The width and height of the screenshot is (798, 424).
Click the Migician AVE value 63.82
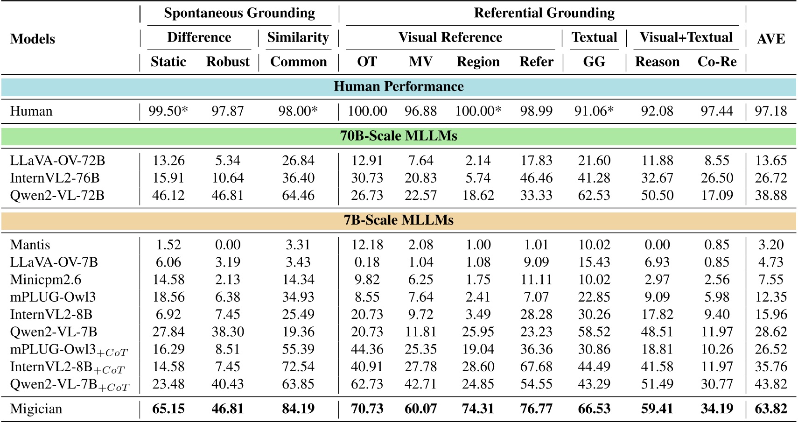[x=771, y=409]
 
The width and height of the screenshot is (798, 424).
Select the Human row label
[x=31, y=111]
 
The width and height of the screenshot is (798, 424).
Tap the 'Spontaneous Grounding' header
[x=239, y=13]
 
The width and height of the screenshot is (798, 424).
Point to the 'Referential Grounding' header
[x=544, y=13]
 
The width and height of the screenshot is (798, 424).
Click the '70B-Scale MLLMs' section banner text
[x=399, y=136]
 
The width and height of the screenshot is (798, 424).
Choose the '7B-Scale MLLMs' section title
[x=399, y=220]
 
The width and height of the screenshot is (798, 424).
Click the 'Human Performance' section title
[x=399, y=86]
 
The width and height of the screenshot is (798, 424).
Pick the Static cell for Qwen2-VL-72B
[x=168, y=195]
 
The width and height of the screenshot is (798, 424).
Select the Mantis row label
[x=30, y=245]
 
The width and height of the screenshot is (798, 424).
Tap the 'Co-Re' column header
[x=717, y=62]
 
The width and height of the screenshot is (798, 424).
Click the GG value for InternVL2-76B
[x=594, y=178]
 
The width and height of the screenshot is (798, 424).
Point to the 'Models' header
[x=33, y=39]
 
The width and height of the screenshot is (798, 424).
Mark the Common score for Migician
[x=298, y=409]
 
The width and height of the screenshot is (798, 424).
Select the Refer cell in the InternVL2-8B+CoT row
[x=536, y=367]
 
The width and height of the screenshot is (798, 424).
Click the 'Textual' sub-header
[x=594, y=37]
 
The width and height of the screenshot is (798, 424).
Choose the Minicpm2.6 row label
[x=46, y=280]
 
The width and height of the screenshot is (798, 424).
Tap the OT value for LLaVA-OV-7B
[x=367, y=262]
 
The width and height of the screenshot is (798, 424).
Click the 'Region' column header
[x=478, y=62]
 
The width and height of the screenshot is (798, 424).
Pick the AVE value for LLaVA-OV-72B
[x=771, y=161]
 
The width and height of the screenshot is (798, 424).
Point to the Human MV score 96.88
[x=420, y=111]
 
